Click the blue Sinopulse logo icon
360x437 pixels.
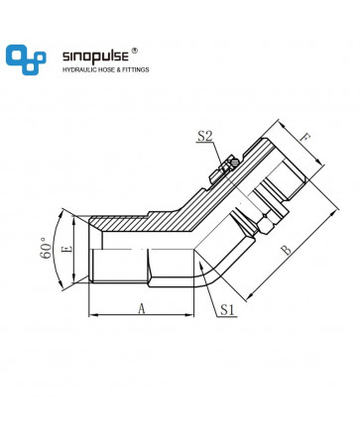26,59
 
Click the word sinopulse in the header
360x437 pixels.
95,55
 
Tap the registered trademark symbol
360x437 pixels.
134,51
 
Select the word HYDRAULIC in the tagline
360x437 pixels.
78,69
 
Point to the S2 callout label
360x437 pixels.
205,136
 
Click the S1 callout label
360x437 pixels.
227,309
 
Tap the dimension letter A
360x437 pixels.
142,309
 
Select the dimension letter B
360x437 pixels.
287,250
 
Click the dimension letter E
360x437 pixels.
67,249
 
